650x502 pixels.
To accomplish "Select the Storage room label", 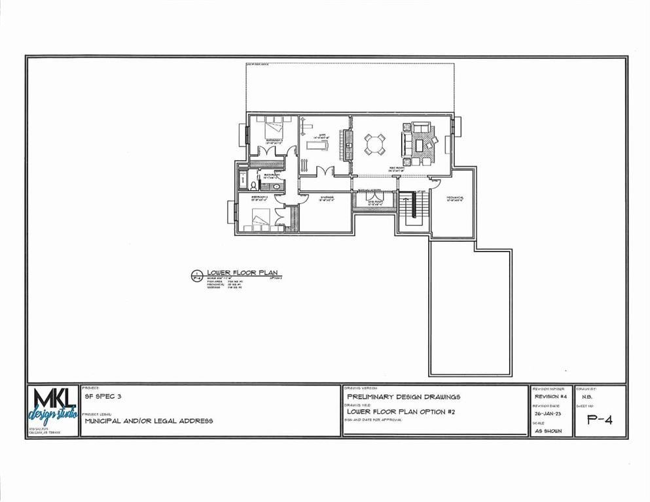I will coord(327,197).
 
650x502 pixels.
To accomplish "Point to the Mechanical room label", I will coord(456,198).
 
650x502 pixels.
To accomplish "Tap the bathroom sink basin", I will coord(276,186).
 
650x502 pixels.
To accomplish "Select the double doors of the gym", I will coord(323,171).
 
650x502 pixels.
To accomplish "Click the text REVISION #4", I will coord(550,397).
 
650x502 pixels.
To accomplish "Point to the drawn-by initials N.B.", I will coord(587,397).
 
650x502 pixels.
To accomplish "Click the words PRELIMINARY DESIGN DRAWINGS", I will coord(404,397).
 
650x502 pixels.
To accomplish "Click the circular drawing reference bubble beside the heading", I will coord(195,276).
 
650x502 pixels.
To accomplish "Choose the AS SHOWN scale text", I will coord(548,431).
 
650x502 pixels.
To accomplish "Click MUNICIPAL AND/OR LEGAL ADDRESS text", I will coord(149,421).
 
